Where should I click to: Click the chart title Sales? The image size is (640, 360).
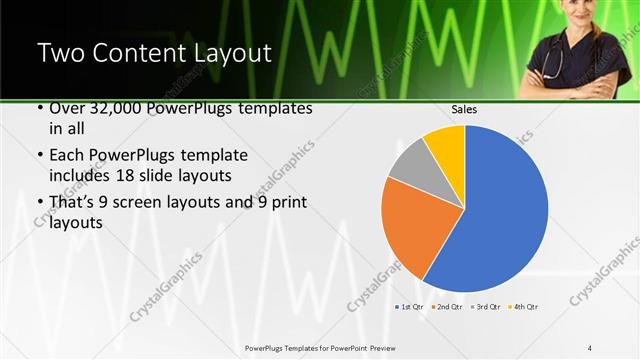tap(464, 108)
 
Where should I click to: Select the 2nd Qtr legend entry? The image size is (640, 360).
tap(447, 306)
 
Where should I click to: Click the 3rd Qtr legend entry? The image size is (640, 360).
tap(485, 306)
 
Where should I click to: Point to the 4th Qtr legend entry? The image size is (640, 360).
tap(523, 306)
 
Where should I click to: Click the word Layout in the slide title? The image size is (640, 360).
tap(234, 54)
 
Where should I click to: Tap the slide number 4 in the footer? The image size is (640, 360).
tap(590, 347)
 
